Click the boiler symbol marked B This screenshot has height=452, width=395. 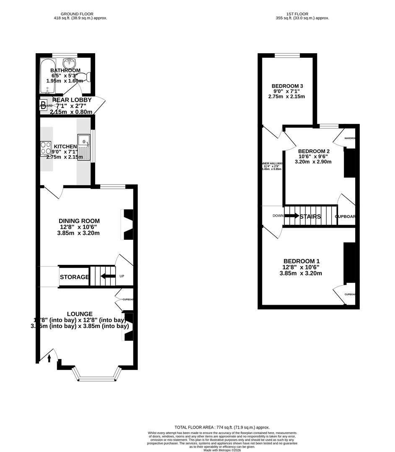[43, 105]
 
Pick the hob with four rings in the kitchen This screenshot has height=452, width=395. [46, 149]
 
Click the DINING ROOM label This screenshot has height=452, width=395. [79, 221]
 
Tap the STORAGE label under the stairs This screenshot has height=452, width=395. [74, 277]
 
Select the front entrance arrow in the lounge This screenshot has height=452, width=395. [49, 358]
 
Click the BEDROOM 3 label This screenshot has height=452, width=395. [287, 86]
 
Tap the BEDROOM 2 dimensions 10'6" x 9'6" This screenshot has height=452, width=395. [313, 157]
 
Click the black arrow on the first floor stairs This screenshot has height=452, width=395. [291, 216]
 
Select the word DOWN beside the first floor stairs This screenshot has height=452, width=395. [278, 216]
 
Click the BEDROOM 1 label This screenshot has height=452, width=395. [301, 261]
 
